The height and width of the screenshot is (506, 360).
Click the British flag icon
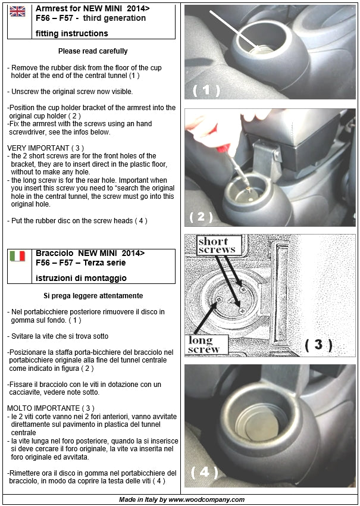(x=18, y=12)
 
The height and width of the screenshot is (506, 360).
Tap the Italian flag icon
(x=18, y=257)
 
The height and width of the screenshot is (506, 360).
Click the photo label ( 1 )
(x=206, y=90)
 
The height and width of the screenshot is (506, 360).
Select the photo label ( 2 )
(x=201, y=217)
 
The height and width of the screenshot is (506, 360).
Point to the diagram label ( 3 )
(x=318, y=344)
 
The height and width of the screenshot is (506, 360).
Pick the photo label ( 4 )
(x=205, y=472)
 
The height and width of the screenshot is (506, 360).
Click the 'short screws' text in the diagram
(x=217, y=245)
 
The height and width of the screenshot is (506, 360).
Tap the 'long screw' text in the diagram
(x=204, y=345)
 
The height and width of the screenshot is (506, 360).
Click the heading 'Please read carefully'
(x=93, y=52)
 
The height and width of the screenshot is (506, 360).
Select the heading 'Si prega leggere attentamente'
(x=93, y=296)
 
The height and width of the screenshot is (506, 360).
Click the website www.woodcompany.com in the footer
(x=206, y=499)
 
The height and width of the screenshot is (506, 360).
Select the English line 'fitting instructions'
(x=71, y=34)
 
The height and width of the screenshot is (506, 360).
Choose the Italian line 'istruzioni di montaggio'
(x=81, y=278)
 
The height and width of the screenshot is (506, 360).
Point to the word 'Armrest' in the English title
(x=52, y=9)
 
